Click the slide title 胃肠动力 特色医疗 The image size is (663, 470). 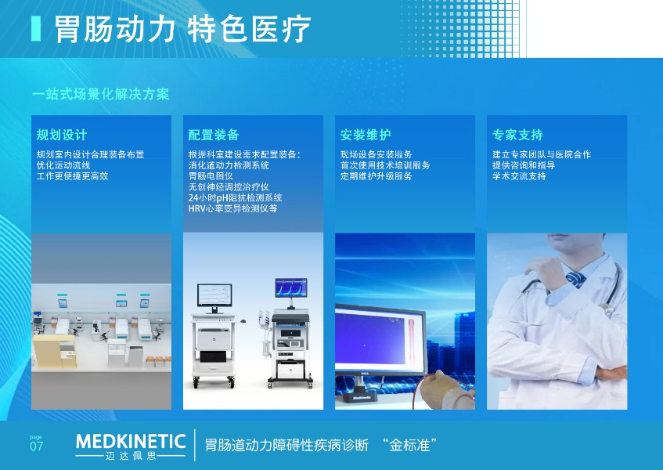pyautogui.click(x=182, y=29)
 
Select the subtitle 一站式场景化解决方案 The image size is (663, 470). pyautogui.click(x=101, y=94)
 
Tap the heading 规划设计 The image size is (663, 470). pyautogui.click(x=62, y=135)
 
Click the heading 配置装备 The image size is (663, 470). pyautogui.click(x=214, y=135)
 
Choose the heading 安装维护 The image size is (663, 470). pyautogui.click(x=366, y=135)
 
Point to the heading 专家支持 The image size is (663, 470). pyautogui.click(x=517, y=135)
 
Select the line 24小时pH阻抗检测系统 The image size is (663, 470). pyautogui.click(x=235, y=197)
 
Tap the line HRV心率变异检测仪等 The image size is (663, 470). pyautogui.click(x=233, y=208)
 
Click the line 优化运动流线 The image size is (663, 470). pyautogui.click(x=63, y=165)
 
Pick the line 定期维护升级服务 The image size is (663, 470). pyautogui.click(x=377, y=176)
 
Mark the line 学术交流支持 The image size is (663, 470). pyautogui.click(x=519, y=176)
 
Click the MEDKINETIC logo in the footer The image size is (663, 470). pyautogui.click(x=131, y=446)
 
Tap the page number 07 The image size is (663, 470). pyautogui.click(x=36, y=446)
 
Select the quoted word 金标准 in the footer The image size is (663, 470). pyautogui.click(x=409, y=446)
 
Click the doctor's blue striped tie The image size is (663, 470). pyautogui.click(x=575, y=279)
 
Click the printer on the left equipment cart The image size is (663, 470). pyautogui.click(x=214, y=338)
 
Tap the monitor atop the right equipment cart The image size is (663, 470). pyautogui.click(x=291, y=287)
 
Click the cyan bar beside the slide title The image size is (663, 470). pyautogui.click(x=36, y=29)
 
